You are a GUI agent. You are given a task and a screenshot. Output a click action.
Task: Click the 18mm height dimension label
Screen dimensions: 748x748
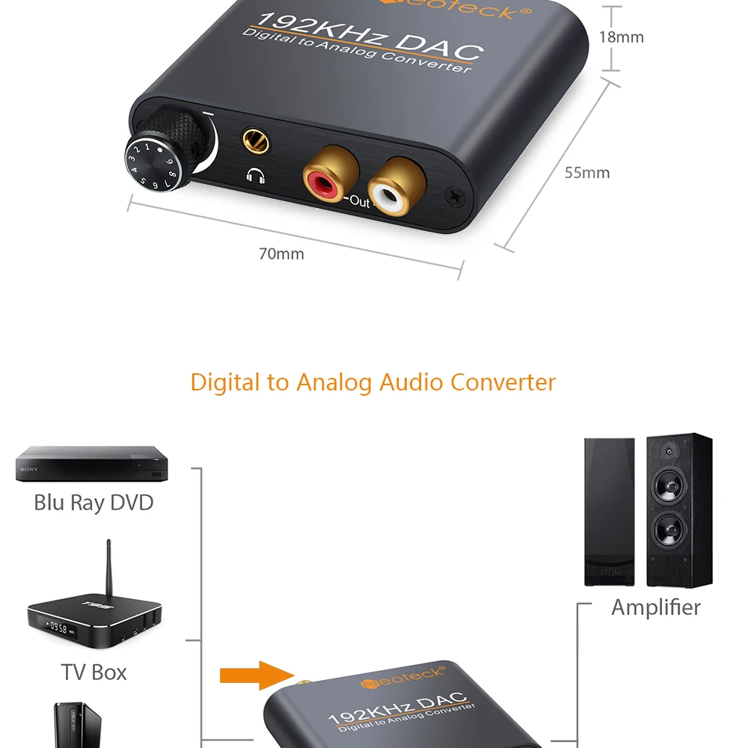pos(621,37)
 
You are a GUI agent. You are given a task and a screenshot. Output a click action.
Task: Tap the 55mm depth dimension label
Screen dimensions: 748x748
pos(586,173)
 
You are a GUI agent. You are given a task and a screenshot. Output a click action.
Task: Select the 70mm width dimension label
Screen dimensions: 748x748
pos(281,254)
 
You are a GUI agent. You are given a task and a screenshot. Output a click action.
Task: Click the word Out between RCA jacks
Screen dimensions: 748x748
pos(360,202)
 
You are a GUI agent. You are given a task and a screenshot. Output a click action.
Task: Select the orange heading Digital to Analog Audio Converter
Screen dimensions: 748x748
pos(373,382)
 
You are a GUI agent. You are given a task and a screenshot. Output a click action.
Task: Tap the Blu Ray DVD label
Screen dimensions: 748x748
pos(93,502)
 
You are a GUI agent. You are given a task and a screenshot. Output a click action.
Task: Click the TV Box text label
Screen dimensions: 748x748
pos(93,672)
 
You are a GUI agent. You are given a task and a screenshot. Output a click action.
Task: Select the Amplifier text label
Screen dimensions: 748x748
pos(656,607)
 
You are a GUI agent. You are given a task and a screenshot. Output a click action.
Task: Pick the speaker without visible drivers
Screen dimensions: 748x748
pos(609,512)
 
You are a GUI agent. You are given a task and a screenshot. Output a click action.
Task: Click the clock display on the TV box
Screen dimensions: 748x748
pos(59,624)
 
